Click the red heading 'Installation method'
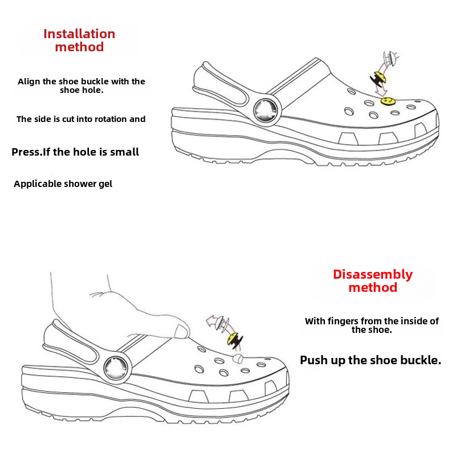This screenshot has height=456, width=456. (79, 40)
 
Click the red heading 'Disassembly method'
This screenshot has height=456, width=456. (373, 280)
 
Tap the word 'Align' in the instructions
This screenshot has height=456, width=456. (29, 82)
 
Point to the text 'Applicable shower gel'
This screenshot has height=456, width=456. (63, 184)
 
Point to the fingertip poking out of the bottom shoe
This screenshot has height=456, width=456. (238, 358)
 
